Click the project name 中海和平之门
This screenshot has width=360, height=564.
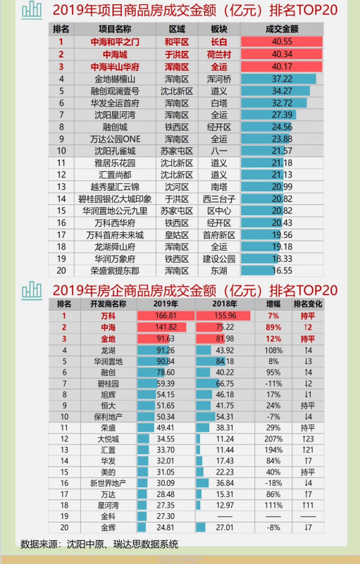tap(115, 42)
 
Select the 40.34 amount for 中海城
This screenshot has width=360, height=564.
tap(283, 54)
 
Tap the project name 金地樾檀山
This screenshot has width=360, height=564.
tap(115, 79)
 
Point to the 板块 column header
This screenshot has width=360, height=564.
tap(219, 29)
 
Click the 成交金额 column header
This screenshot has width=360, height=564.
tap(282, 29)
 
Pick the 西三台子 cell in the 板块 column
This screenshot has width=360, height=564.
tap(219, 199)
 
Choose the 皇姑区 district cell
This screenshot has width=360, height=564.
tap(177, 235)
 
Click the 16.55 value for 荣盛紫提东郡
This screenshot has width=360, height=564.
tap(283, 270)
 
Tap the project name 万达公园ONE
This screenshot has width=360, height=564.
tap(115, 139)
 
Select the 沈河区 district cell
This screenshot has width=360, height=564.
tap(177, 187)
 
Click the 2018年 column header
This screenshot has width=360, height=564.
tap(225, 304)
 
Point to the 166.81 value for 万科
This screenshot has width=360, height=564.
tap(166, 316)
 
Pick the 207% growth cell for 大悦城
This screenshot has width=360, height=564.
tap(273, 439)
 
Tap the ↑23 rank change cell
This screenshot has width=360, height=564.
tap(308, 439)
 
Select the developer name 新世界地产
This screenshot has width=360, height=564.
tap(108, 483)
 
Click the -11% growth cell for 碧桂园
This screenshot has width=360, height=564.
tap(273, 384)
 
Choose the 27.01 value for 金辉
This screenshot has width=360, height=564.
tap(225, 527)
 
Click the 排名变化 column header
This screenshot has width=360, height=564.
tap(308, 304)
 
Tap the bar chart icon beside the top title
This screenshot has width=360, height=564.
tap(32, 10)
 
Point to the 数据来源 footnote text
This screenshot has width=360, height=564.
tap(99, 544)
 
